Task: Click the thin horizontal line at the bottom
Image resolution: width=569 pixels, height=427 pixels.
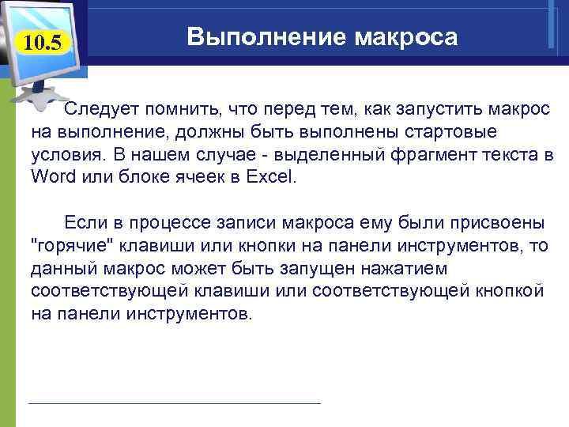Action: click(174, 403)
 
